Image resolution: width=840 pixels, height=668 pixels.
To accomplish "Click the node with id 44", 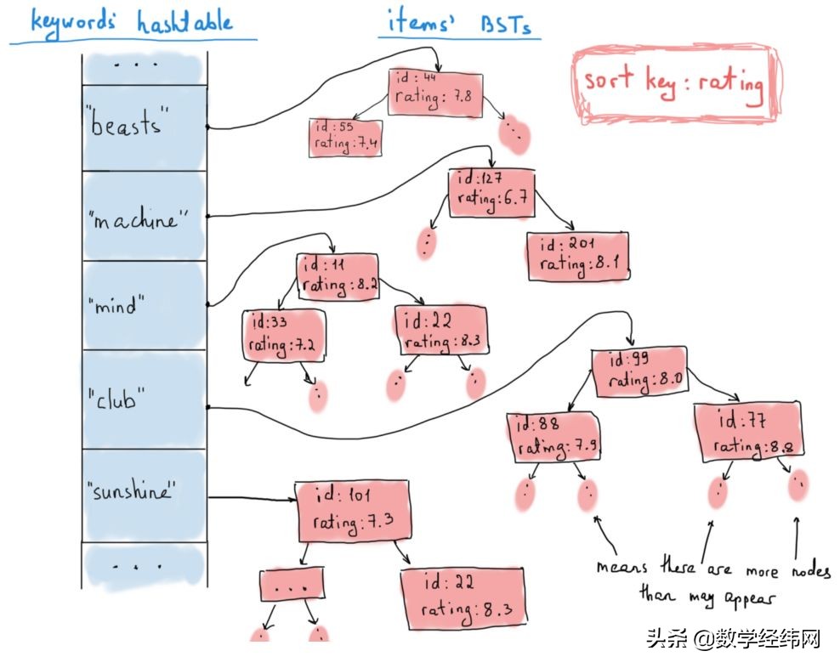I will (x=435, y=93).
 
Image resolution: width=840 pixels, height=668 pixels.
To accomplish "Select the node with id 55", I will (x=345, y=137).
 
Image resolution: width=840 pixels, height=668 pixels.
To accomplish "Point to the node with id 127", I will (x=491, y=191).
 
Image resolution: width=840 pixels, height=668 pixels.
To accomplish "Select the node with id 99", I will (x=639, y=371).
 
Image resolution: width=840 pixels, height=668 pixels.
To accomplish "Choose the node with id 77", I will (x=749, y=433).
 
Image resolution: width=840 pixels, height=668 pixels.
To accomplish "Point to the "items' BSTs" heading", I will (x=459, y=23).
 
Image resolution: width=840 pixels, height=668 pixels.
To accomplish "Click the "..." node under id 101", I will (x=292, y=586).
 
